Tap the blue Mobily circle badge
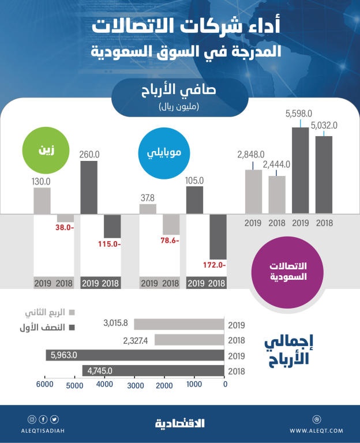[160, 153]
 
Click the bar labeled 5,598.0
[299, 171]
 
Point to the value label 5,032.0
[324, 125]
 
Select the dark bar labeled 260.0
[89, 187]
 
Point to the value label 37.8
[147, 197]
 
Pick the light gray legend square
[72, 313]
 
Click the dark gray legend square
[72, 327]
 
